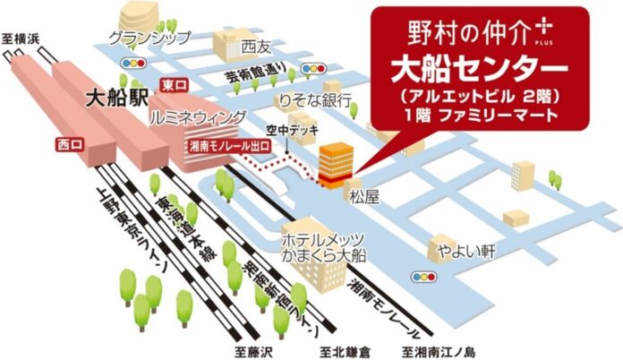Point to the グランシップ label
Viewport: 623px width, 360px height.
(149, 38)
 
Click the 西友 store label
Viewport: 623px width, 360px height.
(254, 43)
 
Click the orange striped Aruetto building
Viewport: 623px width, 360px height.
(336, 163)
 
